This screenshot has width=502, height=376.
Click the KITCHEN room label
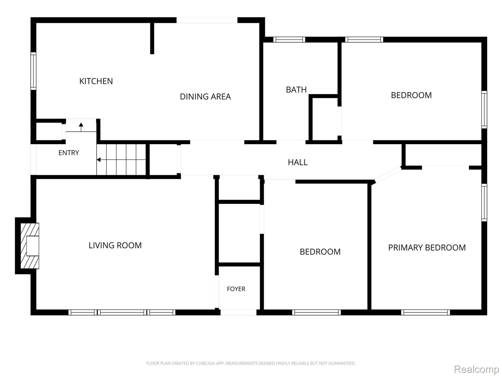[96, 81]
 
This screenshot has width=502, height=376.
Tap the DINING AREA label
[206, 97]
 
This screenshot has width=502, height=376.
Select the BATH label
[296, 90]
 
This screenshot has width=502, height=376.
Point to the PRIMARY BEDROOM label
[427, 248]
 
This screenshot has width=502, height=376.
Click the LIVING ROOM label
[115, 245]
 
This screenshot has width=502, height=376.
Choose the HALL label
[297, 162]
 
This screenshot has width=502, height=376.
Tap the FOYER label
[236, 289]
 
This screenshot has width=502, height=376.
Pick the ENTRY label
[69, 153]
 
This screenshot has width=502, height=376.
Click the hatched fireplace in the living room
[30, 246]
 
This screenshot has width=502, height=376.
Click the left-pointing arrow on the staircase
[121, 159]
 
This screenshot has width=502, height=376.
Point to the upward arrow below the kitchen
[81, 127]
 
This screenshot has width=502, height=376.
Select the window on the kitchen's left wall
[33, 71]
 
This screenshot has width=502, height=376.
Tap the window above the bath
[289, 39]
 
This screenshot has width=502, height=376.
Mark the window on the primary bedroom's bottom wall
[426, 312]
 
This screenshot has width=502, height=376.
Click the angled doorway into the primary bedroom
[388, 175]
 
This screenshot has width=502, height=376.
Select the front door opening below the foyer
[238, 312]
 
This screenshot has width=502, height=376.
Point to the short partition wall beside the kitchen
[152, 38]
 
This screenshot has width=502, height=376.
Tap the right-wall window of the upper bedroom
[484, 110]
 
